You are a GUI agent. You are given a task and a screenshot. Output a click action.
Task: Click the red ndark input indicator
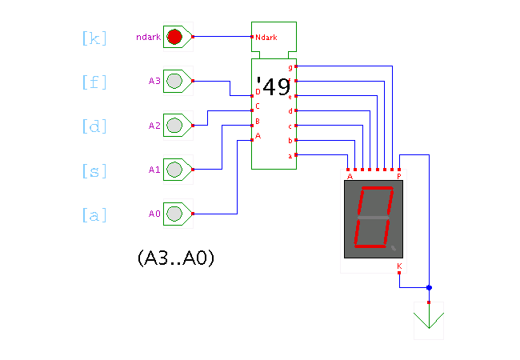pos(174,37)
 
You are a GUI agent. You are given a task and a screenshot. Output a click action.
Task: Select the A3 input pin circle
pos(174,81)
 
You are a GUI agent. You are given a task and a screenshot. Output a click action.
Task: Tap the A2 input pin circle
pos(174,126)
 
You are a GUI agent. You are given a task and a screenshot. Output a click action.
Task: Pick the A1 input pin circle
pos(174,170)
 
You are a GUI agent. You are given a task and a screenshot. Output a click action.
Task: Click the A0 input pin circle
pos(174,214)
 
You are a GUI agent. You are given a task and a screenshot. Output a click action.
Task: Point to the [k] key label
pos(94,38)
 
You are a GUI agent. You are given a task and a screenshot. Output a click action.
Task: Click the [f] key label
pos(94,82)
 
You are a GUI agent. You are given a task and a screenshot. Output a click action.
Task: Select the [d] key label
pos(94,126)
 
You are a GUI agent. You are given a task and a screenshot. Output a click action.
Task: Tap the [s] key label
pos(94,170)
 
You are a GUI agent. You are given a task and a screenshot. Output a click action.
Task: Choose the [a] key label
pos(94,215)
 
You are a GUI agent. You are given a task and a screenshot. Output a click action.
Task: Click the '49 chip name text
pos(274,87)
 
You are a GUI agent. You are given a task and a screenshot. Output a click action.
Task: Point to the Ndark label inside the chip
pos(266,38)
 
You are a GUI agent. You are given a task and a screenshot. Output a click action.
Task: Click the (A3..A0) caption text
pos(176,258)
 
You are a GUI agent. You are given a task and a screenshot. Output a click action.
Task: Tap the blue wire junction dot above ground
pos(429,288)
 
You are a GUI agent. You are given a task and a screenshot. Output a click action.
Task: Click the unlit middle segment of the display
pos(374,218)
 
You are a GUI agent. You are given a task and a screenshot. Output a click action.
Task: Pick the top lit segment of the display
pos(377,188)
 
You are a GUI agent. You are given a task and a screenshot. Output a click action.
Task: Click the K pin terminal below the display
pos(399,273)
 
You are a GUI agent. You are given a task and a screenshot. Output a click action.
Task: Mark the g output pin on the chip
pos(296,66)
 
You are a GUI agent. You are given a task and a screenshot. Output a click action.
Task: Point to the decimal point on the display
pos(394,248)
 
